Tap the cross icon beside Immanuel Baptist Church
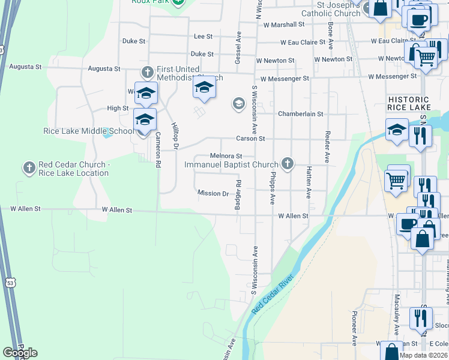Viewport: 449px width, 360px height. pyautogui.click(x=288, y=163)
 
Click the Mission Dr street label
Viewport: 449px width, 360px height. pyautogui.click(x=213, y=193)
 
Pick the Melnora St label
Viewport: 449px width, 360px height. pyautogui.click(x=226, y=156)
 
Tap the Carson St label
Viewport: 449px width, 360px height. pyautogui.click(x=250, y=138)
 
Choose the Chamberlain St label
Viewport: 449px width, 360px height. pyautogui.click(x=300, y=114)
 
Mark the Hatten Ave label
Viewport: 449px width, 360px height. pyautogui.click(x=309, y=182)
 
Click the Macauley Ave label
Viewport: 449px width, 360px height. pyautogui.click(x=397, y=323)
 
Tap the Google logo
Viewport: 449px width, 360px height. pyautogui.click(x=20, y=353)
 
